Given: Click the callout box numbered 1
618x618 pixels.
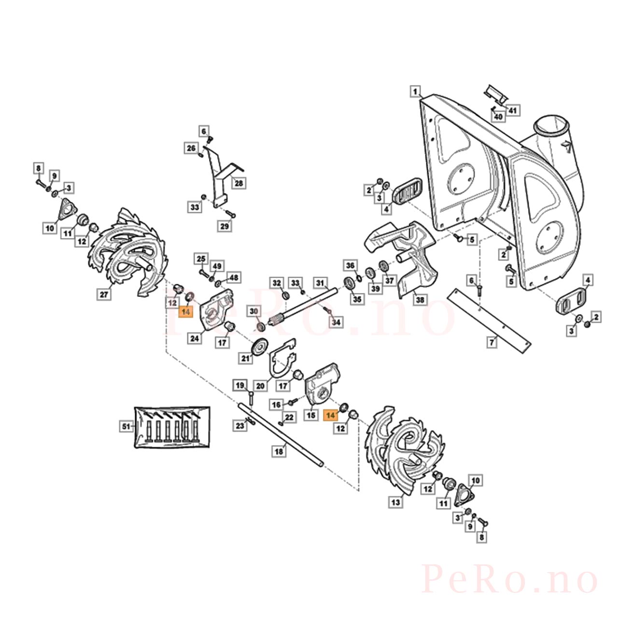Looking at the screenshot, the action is tap(415, 92).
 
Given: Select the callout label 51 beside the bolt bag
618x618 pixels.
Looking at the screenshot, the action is tap(126, 426).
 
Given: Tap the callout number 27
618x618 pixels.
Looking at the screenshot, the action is tap(104, 294).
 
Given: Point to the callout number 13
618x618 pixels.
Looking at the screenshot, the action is tap(396, 502).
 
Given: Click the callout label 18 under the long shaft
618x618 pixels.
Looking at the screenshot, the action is tap(279, 451).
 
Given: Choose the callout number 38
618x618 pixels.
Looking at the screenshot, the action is tap(420, 299).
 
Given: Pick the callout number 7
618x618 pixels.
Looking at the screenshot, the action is tap(492, 342).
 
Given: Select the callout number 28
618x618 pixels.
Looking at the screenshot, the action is tap(239, 183).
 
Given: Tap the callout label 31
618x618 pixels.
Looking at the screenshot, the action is tap(320, 283).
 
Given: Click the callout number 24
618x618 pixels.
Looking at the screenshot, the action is tap(195, 338).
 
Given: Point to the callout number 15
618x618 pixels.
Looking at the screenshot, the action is tap(311, 415).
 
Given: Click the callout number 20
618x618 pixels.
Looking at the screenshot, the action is tap(260, 386).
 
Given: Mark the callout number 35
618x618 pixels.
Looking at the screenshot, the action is tap(357, 299).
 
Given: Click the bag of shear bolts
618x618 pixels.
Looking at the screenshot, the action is tap(172, 426).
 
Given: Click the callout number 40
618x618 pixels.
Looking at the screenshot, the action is tap(498, 117).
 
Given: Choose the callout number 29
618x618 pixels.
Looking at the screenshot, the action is tap(225, 226).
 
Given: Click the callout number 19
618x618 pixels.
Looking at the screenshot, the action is tap(240, 385).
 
